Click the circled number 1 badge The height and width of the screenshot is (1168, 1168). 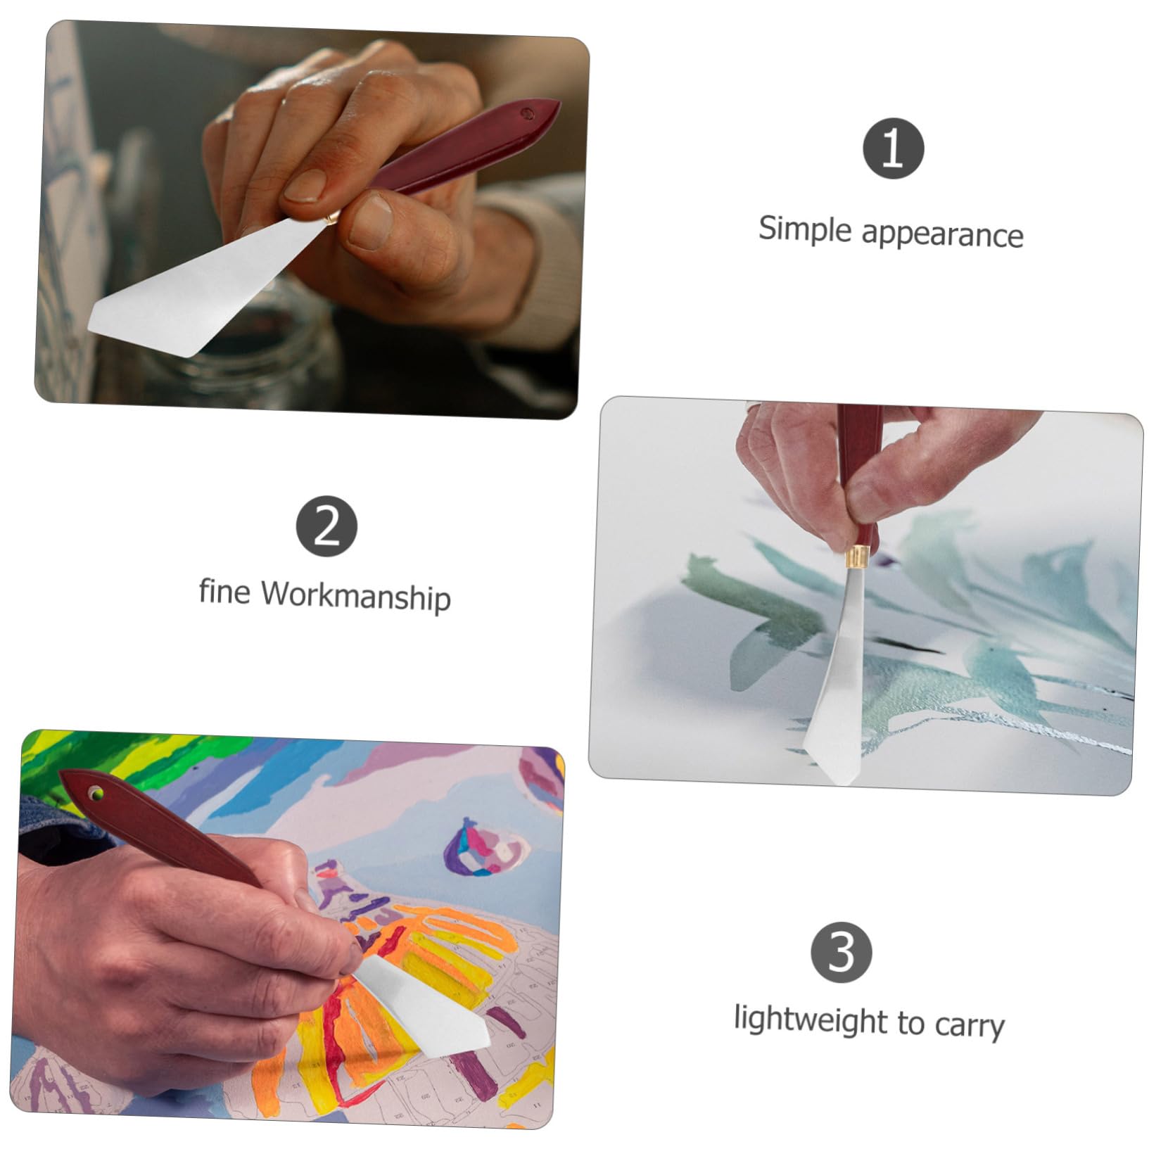[893, 148]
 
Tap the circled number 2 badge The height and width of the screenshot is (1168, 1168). [326, 526]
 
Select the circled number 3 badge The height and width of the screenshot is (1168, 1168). [842, 951]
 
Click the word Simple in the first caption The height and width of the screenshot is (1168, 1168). [804, 230]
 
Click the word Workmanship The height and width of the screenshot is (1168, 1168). [355, 597]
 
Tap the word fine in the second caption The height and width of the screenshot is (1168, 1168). [224, 592]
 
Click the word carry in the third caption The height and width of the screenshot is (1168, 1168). [969, 1027]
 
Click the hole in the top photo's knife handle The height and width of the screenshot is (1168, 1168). [525, 111]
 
